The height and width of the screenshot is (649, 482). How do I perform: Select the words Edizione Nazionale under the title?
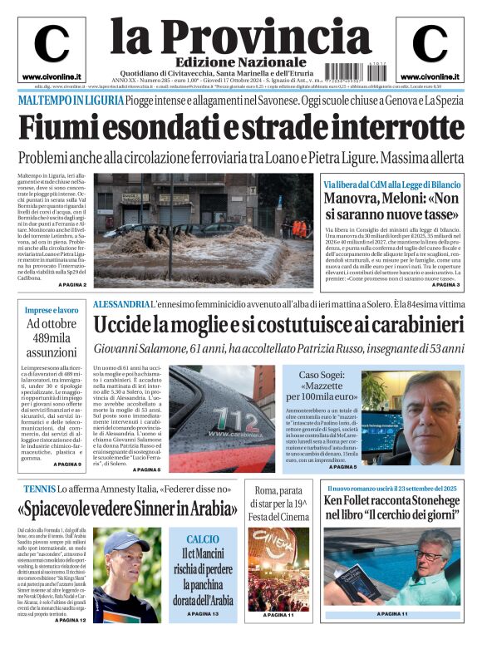[229, 63]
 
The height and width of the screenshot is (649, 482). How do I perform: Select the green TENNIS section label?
[35, 489]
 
